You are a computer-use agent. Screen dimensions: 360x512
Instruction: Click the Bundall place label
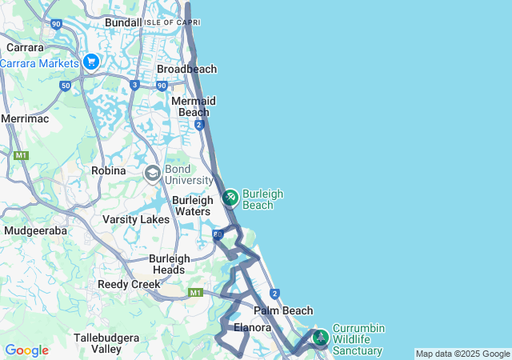click(123, 22)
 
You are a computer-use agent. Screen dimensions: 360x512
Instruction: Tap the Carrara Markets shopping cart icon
click(90, 62)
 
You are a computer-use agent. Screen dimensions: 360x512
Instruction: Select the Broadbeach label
click(186, 70)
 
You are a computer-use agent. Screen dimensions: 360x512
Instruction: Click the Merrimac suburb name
click(25, 118)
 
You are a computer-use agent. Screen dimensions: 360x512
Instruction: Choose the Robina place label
click(109, 171)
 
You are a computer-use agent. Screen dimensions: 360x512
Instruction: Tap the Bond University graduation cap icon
click(152, 173)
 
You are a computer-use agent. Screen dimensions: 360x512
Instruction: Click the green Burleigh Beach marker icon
click(230, 197)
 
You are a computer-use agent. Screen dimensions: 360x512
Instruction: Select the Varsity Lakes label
click(136, 219)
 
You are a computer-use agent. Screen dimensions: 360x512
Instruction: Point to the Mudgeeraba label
click(35, 230)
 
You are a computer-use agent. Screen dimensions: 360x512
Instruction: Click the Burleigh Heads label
click(170, 264)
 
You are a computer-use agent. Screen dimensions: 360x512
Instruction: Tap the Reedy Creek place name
click(129, 284)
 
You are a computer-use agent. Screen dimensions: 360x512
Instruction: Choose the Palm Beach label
click(282, 310)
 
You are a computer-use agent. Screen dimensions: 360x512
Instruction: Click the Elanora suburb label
click(254, 327)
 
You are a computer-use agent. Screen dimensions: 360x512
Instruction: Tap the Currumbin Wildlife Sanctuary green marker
click(320, 337)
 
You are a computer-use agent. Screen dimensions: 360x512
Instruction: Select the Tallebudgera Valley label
click(108, 343)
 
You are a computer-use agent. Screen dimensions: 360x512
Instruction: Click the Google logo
click(26, 350)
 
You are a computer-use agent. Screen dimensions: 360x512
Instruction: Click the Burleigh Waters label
click(192, 206)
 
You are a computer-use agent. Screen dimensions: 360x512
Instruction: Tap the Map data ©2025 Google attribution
click(462, 354)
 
